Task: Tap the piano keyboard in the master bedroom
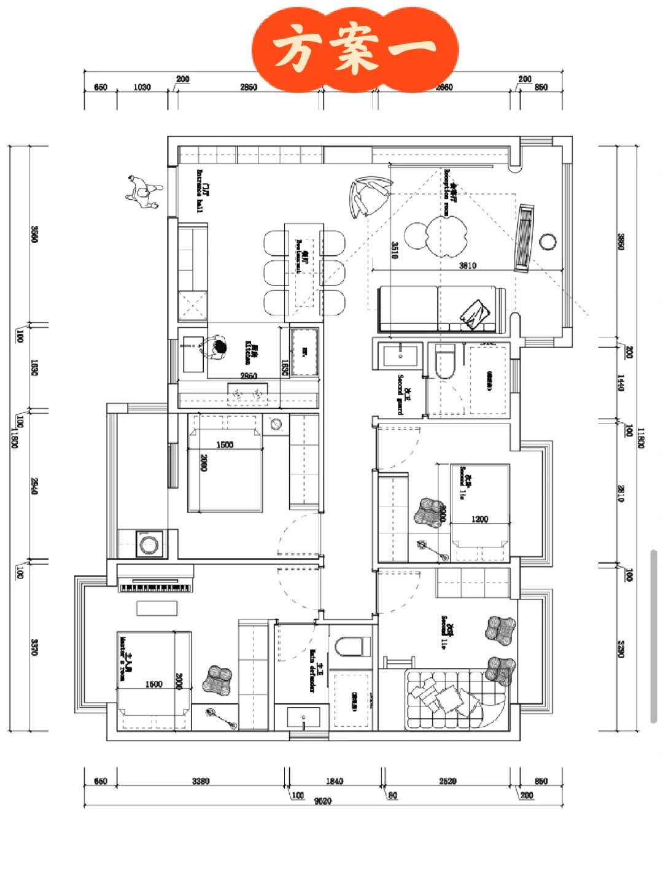click(155, 587)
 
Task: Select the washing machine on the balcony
click(148, 544)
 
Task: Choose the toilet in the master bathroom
click(353, 647)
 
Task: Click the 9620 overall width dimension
click(322, 801)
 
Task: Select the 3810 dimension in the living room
click(468, 265)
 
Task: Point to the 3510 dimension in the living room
click(395, 250)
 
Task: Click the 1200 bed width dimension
click(479, 519)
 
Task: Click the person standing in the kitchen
click(216, 348)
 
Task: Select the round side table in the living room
click(548, 241)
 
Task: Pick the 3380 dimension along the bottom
click(201, 781)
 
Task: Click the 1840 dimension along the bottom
click(335, 781)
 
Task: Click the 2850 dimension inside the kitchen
click(249, 376)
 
